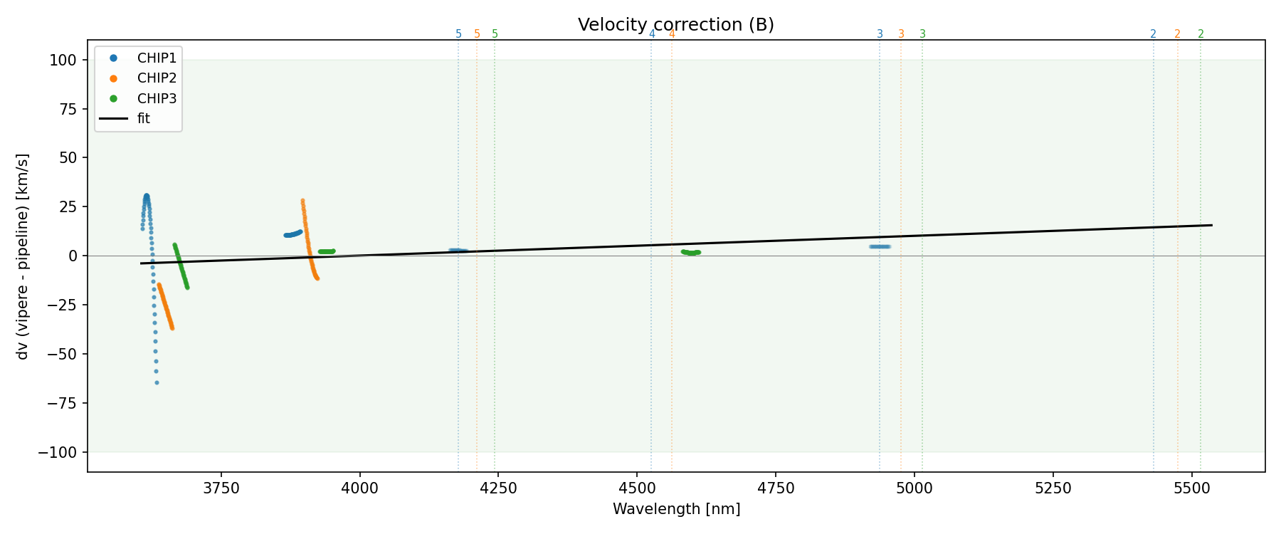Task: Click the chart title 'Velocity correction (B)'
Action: (675, 25)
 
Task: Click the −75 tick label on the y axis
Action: (63, 403)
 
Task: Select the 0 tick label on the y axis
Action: (73, 256)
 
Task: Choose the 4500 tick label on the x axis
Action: (637, 488)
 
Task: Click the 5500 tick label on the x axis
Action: (1191, 488)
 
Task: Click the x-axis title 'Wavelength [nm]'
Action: (676, 509)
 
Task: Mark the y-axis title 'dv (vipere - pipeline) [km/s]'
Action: (23, 256)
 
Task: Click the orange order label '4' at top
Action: (672, 34)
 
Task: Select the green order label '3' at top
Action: (922, 34)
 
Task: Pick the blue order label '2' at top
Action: (1153, 34)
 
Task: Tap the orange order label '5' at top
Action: (477, 34)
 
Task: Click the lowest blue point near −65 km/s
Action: (157, 383)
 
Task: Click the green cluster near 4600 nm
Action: (690, 253)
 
